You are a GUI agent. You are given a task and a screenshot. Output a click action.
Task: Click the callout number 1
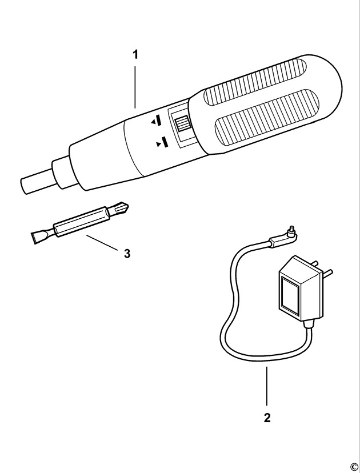pos(135,55)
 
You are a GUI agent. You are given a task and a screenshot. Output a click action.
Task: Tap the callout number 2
pos(267,418)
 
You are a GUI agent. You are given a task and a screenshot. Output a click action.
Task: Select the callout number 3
pos(127,252)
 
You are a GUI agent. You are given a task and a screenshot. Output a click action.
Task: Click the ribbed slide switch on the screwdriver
pos(182,124)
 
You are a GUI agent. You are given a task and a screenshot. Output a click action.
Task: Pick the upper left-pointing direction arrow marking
pos(157,121)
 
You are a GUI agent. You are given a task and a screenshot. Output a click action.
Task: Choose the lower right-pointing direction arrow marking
pos(161,143)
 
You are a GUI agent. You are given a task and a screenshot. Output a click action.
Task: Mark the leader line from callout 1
pos(135,86)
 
